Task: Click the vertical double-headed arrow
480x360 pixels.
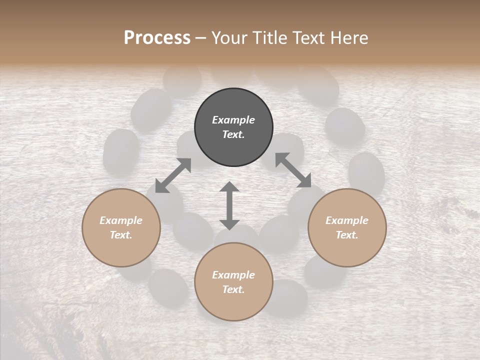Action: [x=229, y=205]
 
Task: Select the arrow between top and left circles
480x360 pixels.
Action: [x=173, y=175]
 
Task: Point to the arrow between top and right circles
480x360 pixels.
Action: [x=293, y=170]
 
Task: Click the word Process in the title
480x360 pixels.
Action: [x=157, y=38]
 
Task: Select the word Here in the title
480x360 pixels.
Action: [x=348, y=38]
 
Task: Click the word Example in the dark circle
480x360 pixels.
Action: [x=233, y=120]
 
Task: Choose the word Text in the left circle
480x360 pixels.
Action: [x=121, y=235]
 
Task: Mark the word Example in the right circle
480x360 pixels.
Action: [x=347, y=220]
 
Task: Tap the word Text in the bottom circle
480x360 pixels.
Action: [x=233, y=289]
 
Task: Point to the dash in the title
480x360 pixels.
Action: [x=201, y=38]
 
